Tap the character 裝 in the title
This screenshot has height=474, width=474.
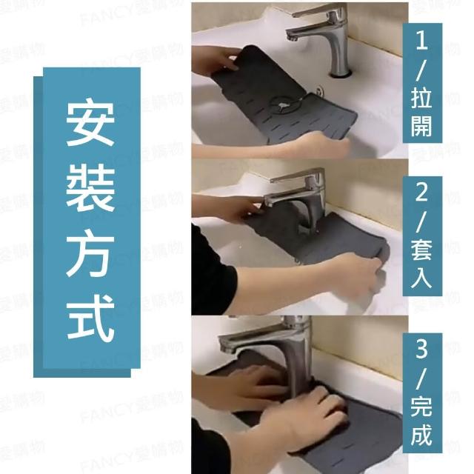[x=90, y=190]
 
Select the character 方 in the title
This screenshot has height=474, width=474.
[x=90, y=253]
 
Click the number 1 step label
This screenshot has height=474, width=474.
[x=422, y=41]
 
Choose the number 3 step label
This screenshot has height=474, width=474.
[x=421, y=350]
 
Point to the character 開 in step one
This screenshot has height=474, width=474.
[x=421, y=125]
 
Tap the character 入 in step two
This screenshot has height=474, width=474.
[x=421, y=278]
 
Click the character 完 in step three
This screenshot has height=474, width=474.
[x=421, y=407]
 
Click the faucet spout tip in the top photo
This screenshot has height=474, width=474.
[x=291, y=38]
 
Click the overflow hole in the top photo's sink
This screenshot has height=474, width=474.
[x=319, y=90]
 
